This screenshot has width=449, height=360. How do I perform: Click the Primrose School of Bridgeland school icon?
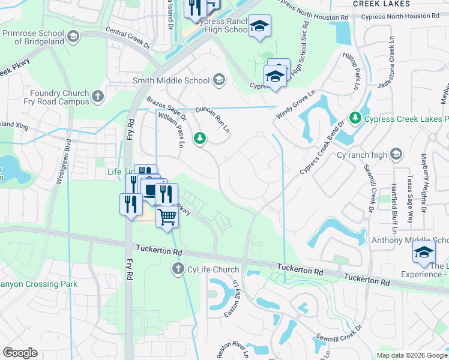(73, 37)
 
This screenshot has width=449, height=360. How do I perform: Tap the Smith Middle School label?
(171, 80)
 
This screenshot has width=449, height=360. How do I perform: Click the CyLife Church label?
(213, 270)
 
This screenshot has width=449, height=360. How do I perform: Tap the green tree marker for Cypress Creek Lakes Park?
(355, 118)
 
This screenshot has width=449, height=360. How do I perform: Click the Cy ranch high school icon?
(396, 155)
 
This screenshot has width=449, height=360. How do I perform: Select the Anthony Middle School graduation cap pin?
(424, 252)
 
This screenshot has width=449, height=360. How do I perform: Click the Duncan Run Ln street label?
(213, 119)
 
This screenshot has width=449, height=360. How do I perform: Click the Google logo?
(20, 353)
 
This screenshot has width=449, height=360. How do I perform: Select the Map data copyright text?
(412, 356)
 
